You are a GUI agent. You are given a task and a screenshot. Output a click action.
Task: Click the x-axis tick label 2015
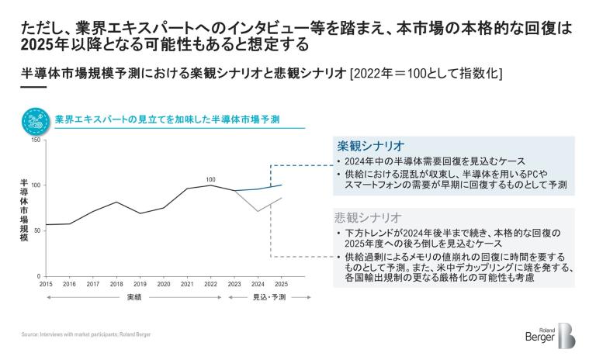pos(45,284)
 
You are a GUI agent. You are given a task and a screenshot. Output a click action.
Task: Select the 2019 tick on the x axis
pos(140,284)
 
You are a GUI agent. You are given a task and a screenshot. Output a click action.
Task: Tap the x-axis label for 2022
pos(210,284)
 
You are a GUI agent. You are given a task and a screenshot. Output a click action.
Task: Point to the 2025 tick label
pos(282,284)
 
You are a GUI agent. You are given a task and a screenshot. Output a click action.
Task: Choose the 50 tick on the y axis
pos(38,231)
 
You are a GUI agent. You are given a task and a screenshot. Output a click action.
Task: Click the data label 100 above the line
pos(210,179)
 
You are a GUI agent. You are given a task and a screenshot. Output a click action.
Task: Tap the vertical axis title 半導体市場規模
pos(25,209)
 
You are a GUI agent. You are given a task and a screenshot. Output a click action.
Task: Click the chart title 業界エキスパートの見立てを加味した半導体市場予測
pos(168,119)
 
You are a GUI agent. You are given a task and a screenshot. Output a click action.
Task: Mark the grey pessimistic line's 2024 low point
pos(258,211)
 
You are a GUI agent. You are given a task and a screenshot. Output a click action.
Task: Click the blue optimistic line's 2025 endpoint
pos(282,185)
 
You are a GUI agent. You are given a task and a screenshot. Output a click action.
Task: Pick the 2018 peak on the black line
pos(116,202)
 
